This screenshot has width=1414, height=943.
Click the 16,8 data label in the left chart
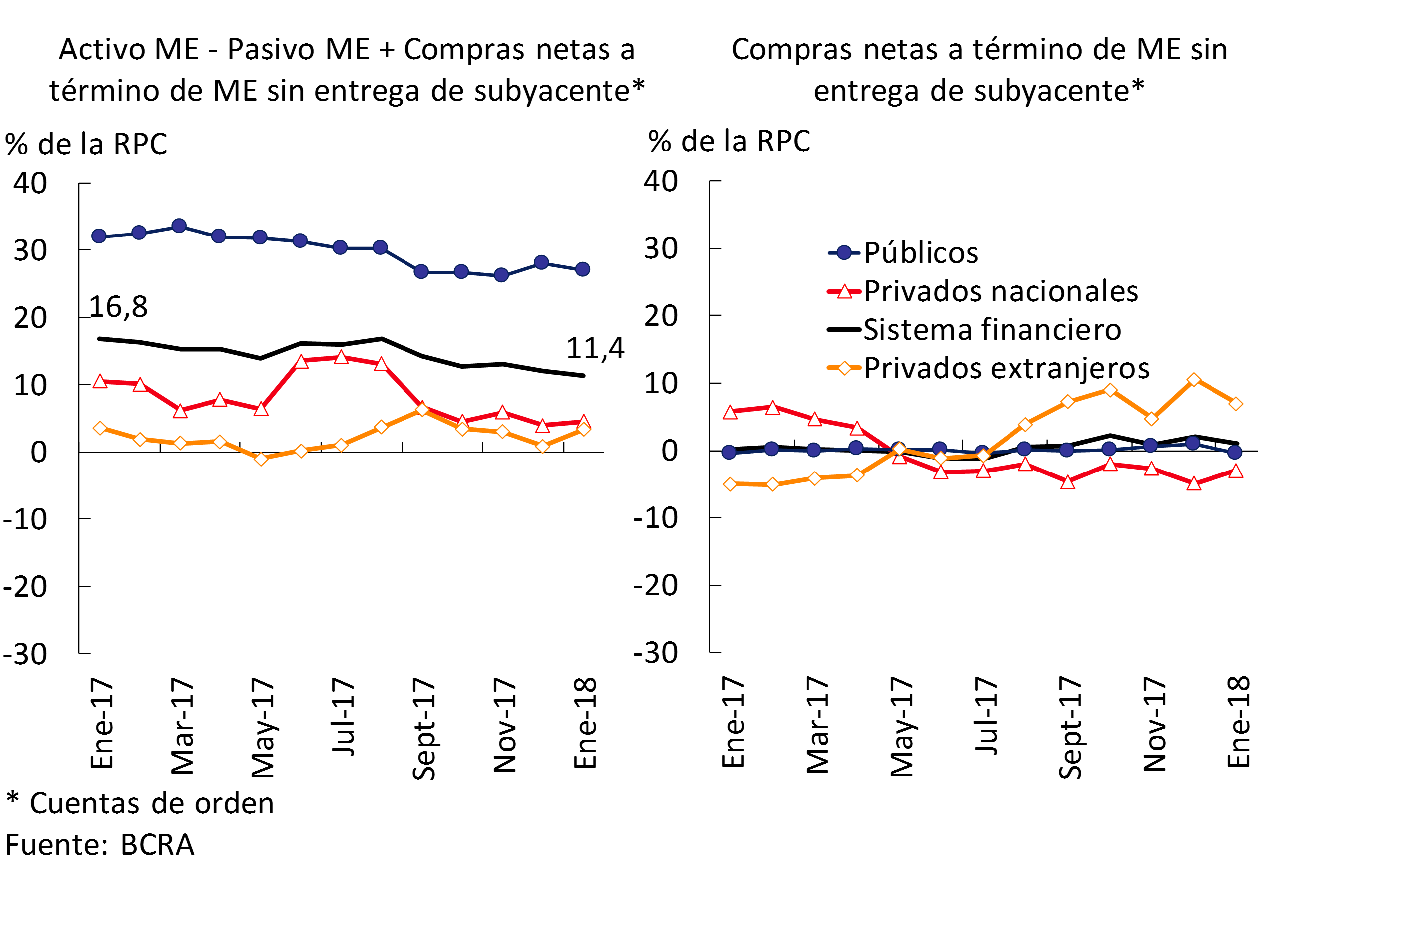(x=118, y=307)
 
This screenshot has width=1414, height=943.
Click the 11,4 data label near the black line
(x=595, y=348)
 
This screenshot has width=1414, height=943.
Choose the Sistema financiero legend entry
(x=992, y=330)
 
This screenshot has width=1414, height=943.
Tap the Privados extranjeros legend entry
(x=1007, y=368)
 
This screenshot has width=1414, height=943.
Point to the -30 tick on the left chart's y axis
(x=25, y=654)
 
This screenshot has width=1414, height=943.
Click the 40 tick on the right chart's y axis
(x=661, y=181)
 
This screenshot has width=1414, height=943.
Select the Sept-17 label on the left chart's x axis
(x=424, y=728)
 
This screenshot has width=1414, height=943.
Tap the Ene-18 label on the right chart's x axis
(x=1239, y=721)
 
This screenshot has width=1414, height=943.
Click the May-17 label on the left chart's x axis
(x=263, y=727)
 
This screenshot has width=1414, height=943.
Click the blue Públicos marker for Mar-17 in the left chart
(x=179, y=226)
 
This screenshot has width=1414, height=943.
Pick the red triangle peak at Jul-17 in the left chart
(x=341, y=358)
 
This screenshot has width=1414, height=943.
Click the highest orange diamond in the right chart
(x=1194, y=380)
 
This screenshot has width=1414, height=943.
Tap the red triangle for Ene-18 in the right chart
(x=1236, y=471)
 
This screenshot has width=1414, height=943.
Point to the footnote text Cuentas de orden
(x=152, y=803)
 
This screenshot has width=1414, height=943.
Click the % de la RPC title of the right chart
(x=729, y=142)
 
